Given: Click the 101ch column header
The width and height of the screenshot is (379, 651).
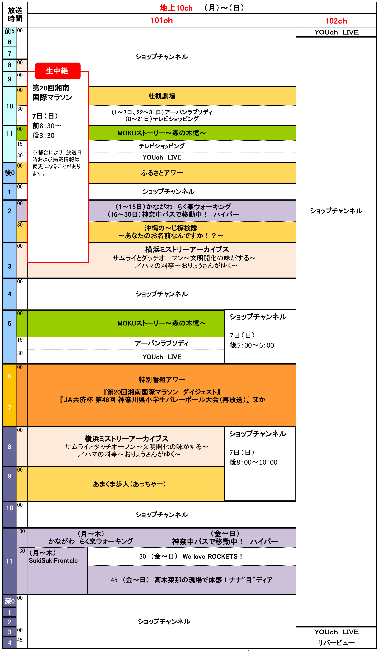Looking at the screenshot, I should coord(162,20).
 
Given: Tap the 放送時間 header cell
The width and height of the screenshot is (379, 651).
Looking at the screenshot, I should coord(15,15).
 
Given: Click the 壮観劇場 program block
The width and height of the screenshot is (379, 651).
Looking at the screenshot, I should coord(162,96).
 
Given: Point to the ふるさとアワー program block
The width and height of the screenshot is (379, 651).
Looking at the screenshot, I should coord(162,173).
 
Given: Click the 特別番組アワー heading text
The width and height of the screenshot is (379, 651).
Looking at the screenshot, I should coord(162,379).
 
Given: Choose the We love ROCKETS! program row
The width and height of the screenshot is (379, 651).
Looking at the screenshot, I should coord(191,556).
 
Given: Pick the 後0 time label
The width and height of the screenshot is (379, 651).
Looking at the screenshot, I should coord(9,173).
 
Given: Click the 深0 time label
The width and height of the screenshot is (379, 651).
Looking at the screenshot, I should coord(9,601).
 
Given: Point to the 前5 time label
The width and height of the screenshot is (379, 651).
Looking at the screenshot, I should coord(9,31).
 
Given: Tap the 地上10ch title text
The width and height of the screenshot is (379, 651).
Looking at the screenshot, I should coord(176,8).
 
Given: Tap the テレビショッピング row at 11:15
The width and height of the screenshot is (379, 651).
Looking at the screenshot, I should coord(162,146).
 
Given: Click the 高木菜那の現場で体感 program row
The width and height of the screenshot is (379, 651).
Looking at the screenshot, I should coord(192,580).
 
